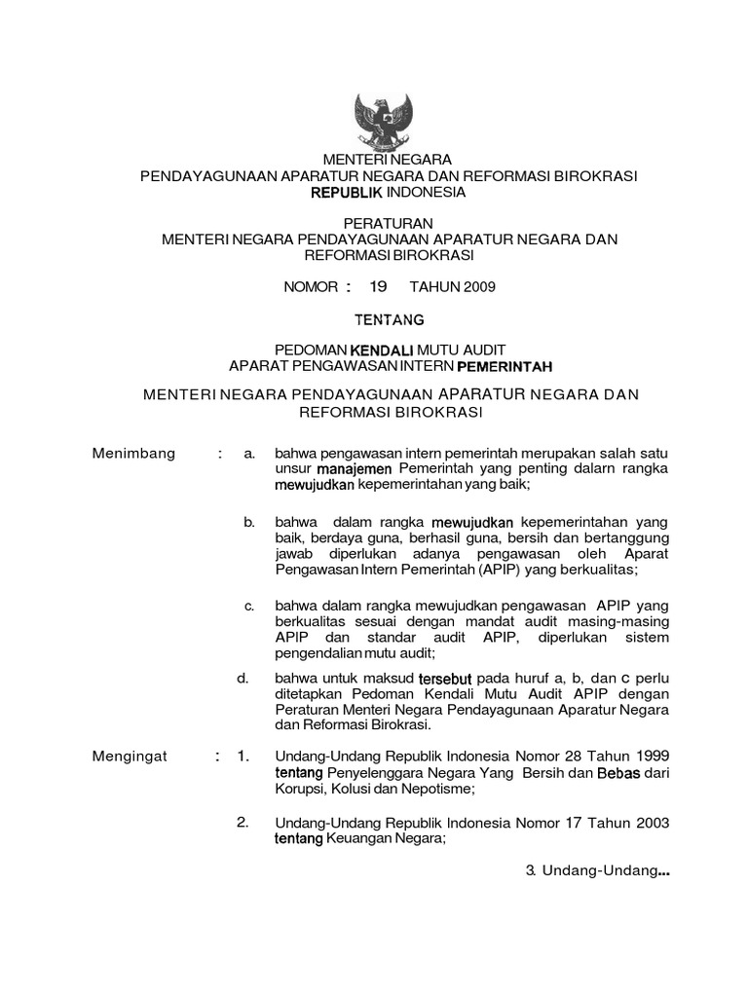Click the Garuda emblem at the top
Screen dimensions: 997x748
click(x=387, y=119)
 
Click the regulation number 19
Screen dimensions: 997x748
click(x=378, y=286)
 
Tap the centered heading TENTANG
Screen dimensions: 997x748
click(x=387, y=317)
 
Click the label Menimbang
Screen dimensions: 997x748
click(x=133, y=453)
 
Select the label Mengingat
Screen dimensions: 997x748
click(x=131, y=756)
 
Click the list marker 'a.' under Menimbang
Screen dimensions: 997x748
click(x=249, y=453)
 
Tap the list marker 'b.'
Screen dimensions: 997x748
click(x=249, y=523)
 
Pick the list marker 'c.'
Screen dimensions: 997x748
click(x=249, y=607)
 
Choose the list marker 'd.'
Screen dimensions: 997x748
click(x=243, y=677)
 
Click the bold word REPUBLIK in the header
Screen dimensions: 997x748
click(x=343, y=193)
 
